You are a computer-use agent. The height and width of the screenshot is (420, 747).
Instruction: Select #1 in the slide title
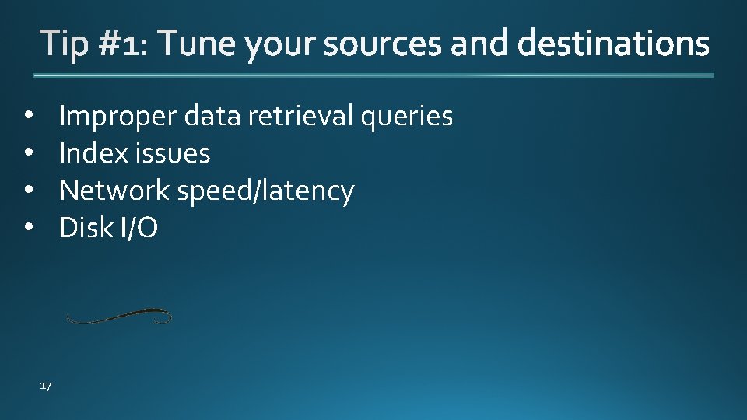point(120,44)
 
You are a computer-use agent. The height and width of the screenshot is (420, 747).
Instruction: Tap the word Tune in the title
point(197,44)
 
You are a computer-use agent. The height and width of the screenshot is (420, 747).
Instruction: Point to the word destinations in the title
point(613,44)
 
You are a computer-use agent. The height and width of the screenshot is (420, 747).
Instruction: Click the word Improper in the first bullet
point(118,117)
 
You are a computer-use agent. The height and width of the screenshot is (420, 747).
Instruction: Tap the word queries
point(406,117)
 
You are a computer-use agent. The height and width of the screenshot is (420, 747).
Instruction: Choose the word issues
point(172,153)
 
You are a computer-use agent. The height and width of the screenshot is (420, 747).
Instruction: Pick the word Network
point(114,191)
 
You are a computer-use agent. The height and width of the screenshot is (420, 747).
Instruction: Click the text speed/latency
point(265,191)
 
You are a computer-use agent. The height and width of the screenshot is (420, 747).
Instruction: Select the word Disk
point(86,228)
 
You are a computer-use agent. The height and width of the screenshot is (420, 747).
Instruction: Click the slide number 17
point(45,386)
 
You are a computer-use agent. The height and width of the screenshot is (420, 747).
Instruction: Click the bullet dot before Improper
point(28,117)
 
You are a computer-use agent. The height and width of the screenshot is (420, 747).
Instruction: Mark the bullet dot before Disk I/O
point(28,228)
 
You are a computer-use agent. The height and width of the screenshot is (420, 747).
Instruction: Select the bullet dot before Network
point(28,191)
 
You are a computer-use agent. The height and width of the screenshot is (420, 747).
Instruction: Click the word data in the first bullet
point(212,117)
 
